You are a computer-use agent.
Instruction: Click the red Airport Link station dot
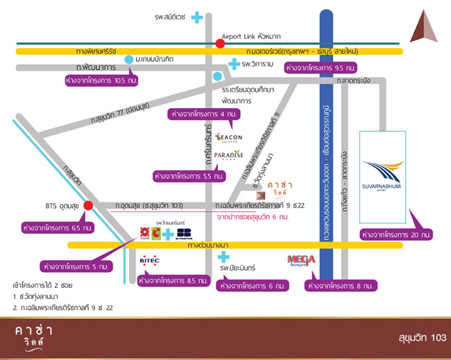point(220,44)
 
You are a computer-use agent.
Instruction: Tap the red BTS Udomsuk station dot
point(88,205)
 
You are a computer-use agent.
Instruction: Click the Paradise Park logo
point(228,156)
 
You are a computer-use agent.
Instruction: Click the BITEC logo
point(151,261)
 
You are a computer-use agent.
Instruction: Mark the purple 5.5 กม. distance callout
point(189,177)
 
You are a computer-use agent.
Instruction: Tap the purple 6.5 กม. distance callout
point(59,227)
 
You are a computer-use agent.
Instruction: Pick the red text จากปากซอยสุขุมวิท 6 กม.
point(253,217)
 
